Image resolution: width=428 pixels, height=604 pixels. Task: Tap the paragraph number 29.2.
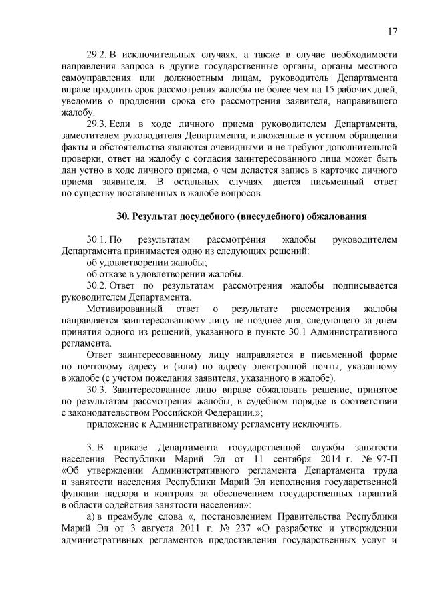pos(98,54)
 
